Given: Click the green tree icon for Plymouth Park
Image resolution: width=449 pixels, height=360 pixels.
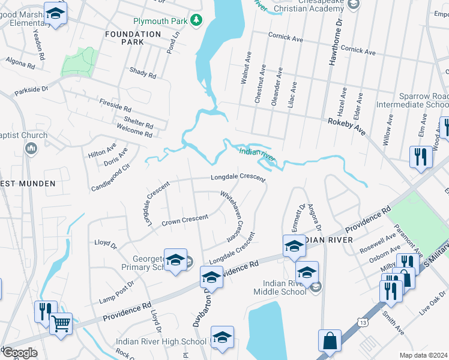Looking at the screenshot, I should point(196,21).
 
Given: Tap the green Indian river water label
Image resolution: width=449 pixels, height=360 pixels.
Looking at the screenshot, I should point(256,154).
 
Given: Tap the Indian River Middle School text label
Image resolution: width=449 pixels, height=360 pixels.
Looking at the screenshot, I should point(285,287).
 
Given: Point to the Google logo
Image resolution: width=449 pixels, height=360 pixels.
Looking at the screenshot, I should point(19,353).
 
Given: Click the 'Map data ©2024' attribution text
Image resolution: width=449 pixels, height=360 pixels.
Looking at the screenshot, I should point(424,355).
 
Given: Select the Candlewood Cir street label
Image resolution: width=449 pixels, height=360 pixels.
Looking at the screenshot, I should point(110,178).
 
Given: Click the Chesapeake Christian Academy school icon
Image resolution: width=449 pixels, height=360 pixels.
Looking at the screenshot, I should point(354,4).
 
